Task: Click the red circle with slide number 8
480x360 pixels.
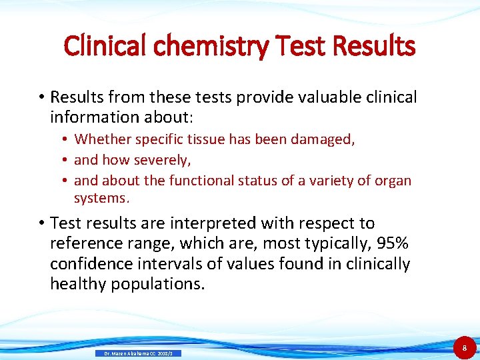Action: pos(465,347)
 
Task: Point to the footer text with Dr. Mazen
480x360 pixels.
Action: pos(139,353)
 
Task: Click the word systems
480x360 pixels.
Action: pos(100,198)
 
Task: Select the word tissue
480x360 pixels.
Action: pos(205,139)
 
